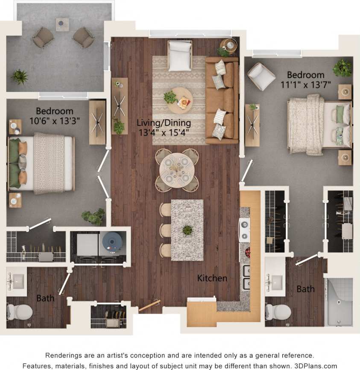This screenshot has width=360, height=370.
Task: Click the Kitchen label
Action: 212,278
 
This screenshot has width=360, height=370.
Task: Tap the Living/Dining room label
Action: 164,123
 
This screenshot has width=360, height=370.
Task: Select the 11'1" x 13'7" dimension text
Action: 305,84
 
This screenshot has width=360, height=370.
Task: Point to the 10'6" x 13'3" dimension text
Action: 54,121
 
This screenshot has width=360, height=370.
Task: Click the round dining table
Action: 177,170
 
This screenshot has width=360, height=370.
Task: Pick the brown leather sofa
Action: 222,100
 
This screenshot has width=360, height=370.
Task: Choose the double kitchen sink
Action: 247,277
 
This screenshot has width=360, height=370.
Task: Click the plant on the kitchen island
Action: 187,230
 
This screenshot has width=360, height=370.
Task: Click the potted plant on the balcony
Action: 19,77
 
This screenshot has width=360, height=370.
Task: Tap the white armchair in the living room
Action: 180,55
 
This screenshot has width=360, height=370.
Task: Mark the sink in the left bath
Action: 16,281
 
